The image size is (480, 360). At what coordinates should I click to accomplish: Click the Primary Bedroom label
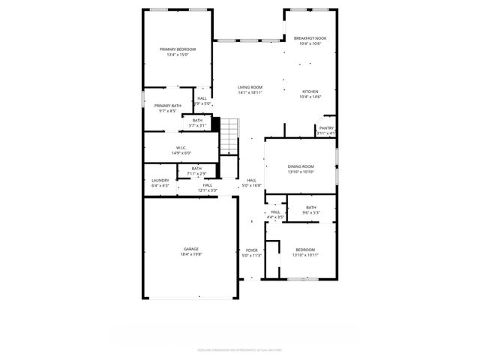(177, 49)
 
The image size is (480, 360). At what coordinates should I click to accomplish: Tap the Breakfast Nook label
(310, 38)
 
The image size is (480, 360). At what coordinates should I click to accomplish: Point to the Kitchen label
(310, 91)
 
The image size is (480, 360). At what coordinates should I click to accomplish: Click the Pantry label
(326, 128)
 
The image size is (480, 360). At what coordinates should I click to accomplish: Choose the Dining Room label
(301, 166)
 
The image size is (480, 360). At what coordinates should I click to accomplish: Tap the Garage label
(191, 249)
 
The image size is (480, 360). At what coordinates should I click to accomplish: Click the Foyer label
(252, 250)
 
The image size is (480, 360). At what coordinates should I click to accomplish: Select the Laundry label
(160, 180)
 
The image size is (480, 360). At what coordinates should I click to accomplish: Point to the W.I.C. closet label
(181, 148)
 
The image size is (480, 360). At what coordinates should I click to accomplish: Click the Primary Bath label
(168, 106)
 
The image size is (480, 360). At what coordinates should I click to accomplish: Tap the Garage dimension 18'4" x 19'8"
(191, 254)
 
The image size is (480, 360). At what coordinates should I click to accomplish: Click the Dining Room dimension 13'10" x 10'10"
(301, 172)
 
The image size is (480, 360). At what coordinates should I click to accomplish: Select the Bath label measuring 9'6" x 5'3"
(310, 210)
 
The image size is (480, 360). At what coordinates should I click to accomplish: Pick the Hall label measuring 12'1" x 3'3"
(207, 187)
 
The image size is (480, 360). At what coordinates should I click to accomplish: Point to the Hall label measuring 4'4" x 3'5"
(275, 214)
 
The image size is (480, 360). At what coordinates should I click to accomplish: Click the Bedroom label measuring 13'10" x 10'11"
(305, 252)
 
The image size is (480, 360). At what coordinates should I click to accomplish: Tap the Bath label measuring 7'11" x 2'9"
(196, 171)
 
